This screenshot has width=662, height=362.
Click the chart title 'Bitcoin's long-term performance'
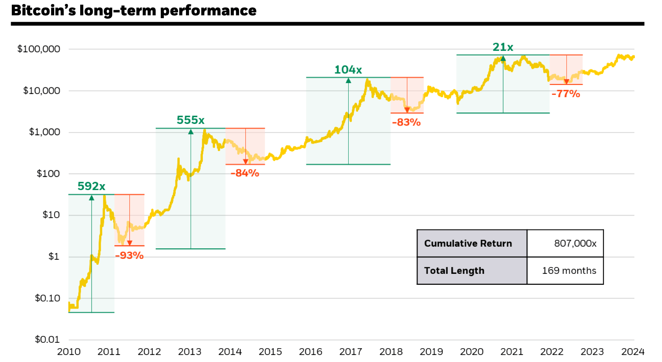(x=134, y=11)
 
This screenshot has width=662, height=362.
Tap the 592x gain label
(x=91, y=186)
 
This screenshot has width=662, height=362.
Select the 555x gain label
(x=191, y=120)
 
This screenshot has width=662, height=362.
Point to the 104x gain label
(x=348, y=70)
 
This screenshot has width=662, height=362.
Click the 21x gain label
(x=503, y=47)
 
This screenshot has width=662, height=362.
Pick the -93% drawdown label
(x=129, y=255)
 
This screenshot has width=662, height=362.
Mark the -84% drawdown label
(x=245, y=173)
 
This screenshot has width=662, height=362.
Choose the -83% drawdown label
(x=406, y=122)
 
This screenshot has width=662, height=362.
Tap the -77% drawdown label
(x=566, y=94)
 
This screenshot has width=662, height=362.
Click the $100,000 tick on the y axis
(x=39, y=49)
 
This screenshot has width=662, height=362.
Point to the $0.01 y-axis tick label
(x=47, y=339)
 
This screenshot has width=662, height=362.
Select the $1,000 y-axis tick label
(x=44, y=132)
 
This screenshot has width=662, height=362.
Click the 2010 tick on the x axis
(x=69, y=351)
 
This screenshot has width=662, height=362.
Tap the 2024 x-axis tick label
(x=633, y=351)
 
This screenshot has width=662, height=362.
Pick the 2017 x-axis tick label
(x=351, y=351)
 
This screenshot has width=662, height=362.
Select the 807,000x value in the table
(x=575, y=244)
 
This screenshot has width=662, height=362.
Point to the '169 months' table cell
(x=569, y=271)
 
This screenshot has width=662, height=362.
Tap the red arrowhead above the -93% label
(x=129, y=243)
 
